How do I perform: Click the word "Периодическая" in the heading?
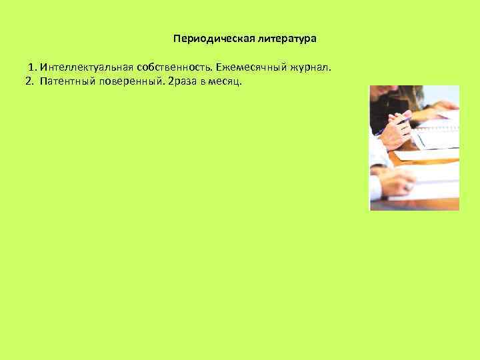tap(205, 39)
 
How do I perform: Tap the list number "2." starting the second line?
tap(29, 81)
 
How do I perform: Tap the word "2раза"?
tap(185, 81)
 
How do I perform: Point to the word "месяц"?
tap(229, 81)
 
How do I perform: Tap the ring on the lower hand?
tap(407, 189)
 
